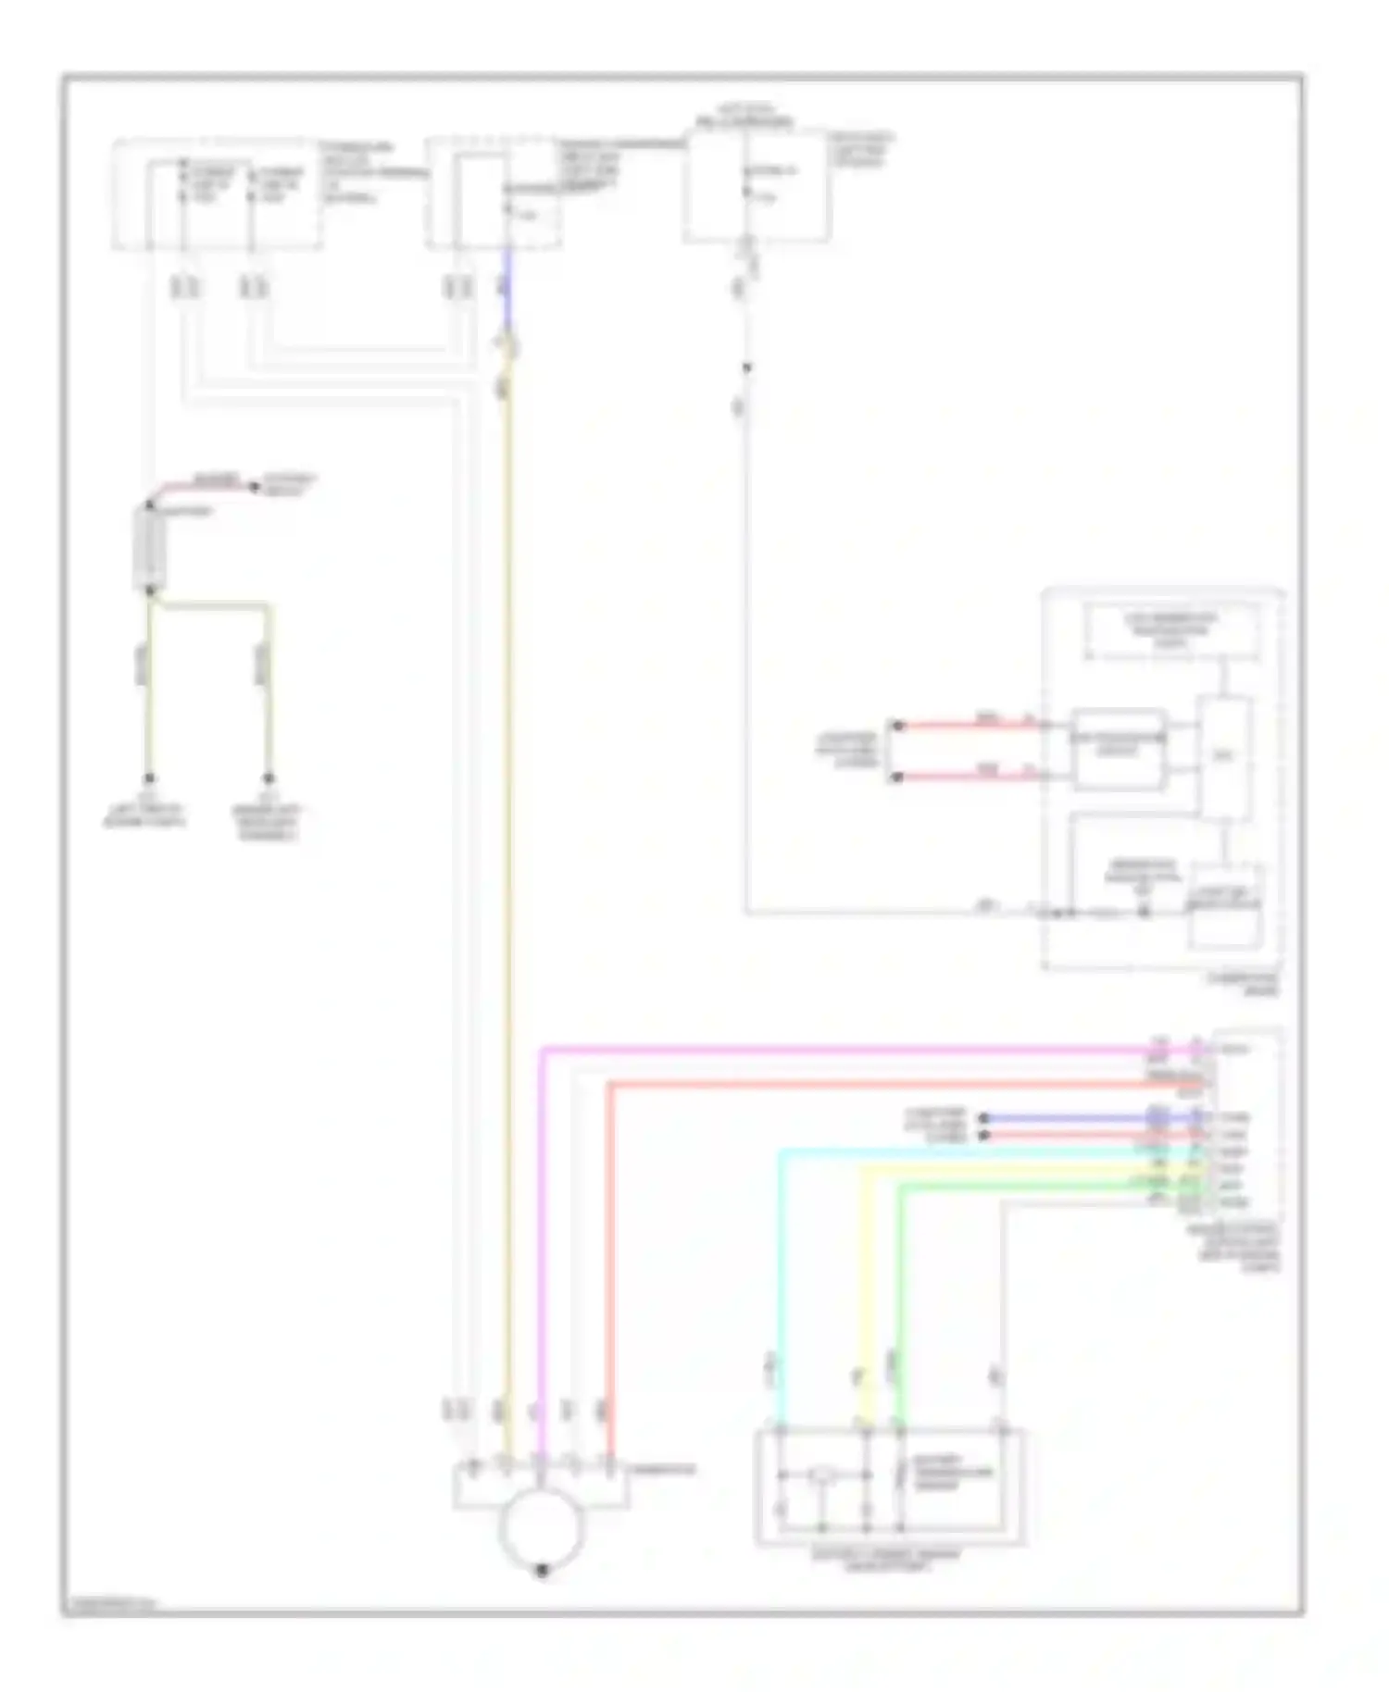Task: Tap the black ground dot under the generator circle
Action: pyautogui.click(x=543, y=1570)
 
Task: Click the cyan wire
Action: pyautogui.click(x=781, y=1296)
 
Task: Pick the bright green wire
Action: pyautogui.click(x=899, y=1296)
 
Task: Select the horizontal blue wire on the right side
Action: pyautogui.click(x=1065, y=1118)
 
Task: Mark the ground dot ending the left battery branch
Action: pyautogui.click(x=148, y=778)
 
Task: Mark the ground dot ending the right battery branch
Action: pyautogui.click(x=269, y=778)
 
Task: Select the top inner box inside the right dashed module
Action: pyautogui.click(x=1172, y=631)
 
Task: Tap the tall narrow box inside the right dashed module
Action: pyautogui.click(x=1224, y=757)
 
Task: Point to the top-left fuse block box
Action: pyautogui.click(x=218, y=195)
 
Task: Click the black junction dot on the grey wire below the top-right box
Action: pyautogui.click(x=746, y=367)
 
